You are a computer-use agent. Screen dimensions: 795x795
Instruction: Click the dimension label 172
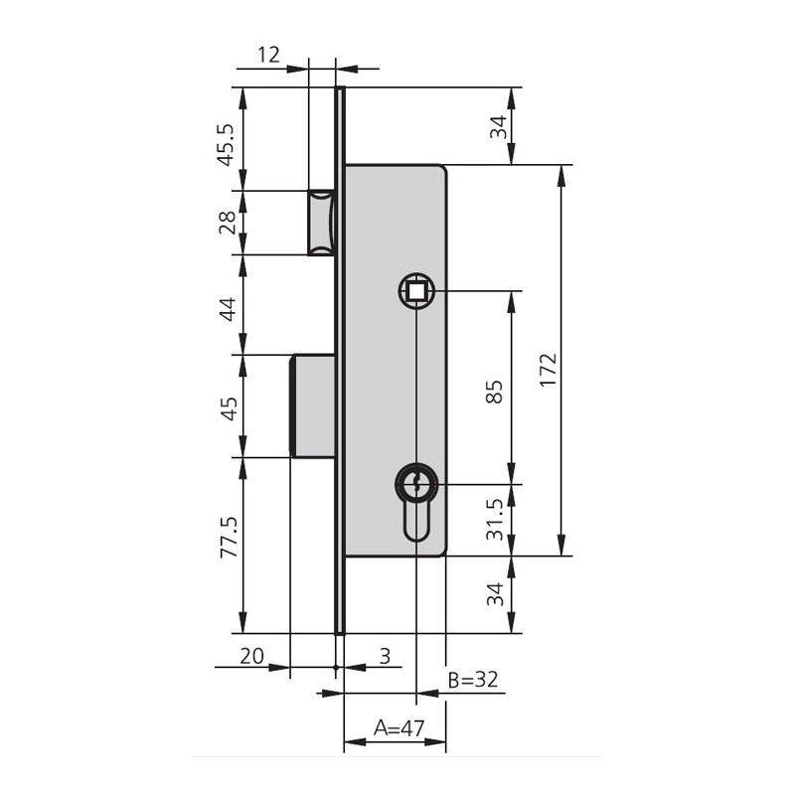549,371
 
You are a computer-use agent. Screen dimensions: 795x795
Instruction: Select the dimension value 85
494,392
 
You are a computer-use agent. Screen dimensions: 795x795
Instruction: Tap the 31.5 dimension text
494,519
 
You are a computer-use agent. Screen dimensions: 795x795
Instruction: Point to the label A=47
398,728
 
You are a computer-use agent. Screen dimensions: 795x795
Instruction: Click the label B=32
473,680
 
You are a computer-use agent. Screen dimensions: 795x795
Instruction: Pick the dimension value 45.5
227,145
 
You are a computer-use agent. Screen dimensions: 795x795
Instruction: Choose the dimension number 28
227,222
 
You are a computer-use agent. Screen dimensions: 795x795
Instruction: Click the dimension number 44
227,309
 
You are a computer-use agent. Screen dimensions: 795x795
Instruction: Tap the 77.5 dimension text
229,538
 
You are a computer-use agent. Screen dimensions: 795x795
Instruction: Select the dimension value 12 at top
268,55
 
